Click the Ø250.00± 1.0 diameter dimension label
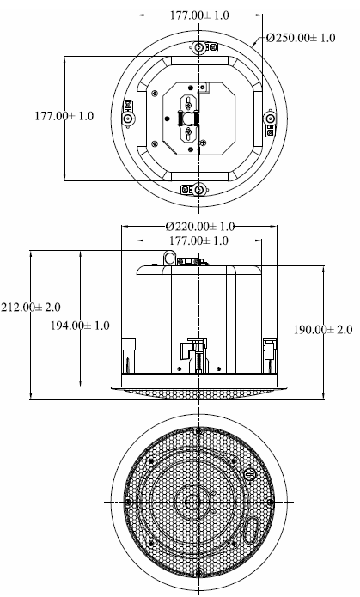click(x=301, y=38)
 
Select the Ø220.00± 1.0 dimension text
click(x=199, y=227)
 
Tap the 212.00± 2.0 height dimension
click(x=30, y=307)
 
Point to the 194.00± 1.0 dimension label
click(x=80, y=326)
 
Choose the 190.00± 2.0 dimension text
click(x=323, y=329)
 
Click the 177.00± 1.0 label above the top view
click(x=199, y=15)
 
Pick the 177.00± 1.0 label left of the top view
click(x=64, y=116)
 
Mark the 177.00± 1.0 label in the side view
click(x=198, y=241)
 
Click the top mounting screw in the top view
click(x=198, y=47)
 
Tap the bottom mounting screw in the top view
click(x=198, y=189)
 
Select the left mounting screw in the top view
click(x=128, y=119)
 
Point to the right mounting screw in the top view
click(x=270, y=119)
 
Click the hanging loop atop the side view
click(x=169, y=258)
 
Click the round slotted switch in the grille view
click(x=250, y=474)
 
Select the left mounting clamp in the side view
click(x=128, y=356)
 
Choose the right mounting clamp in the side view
click(x=269, y=356)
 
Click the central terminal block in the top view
click(x=188, y=119)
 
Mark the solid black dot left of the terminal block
click(x=167, y=119)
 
